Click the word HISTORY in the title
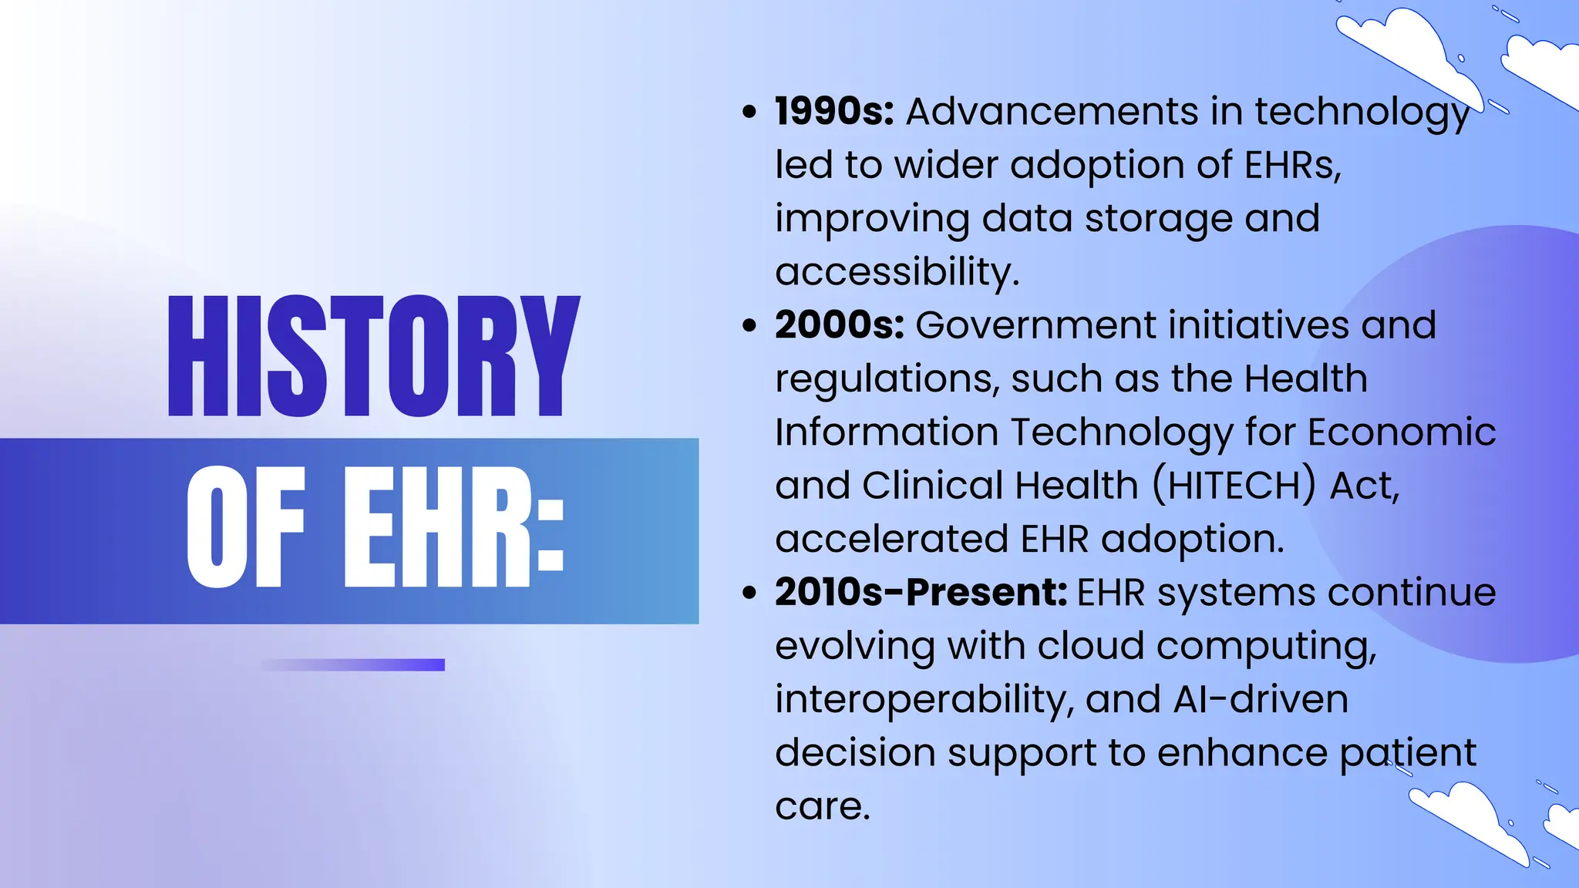(373, 356)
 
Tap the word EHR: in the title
(453, 527)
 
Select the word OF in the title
(246, 527)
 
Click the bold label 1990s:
(834, 112)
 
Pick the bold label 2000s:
(840, 325)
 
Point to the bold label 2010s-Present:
(921, 593)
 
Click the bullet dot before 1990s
(749, 113)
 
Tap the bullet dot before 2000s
(749, 326)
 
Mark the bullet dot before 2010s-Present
(749, 593)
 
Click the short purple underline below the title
(353, 664)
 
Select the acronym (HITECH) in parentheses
(1234, 486)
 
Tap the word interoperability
(924, 700)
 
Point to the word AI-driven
(1261, 700)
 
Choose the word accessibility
(897, 272)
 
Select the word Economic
(1402, 432)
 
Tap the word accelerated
(891, 539)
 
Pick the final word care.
(822, 806)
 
